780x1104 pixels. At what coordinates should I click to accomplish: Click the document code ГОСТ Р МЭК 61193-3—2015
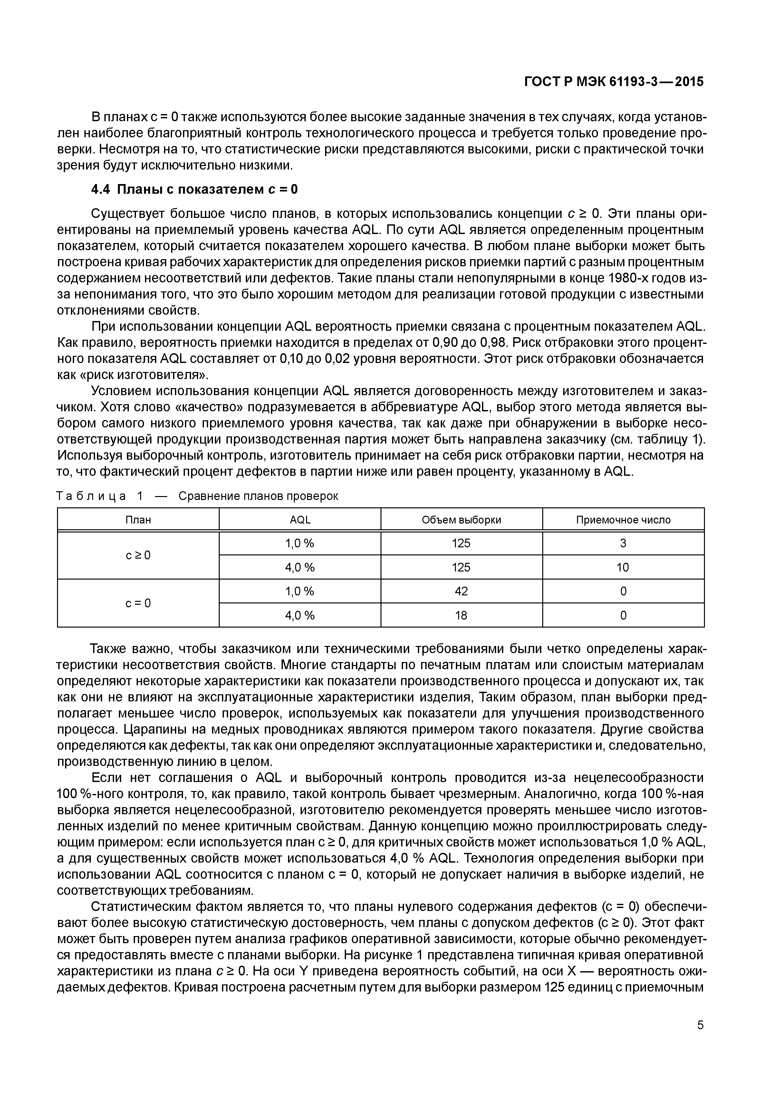(x=613, y=82)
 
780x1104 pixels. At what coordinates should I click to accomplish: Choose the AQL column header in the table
(x=300, y=520)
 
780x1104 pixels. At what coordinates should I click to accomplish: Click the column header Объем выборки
(x=461, y=520)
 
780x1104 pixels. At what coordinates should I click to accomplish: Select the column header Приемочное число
(x=623, y=520)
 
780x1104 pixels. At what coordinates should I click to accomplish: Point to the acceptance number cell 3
(x=623, y=543)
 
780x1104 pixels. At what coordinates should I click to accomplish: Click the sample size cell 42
(x=461, y=591)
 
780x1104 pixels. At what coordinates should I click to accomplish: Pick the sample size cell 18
(x=461, y=615)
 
